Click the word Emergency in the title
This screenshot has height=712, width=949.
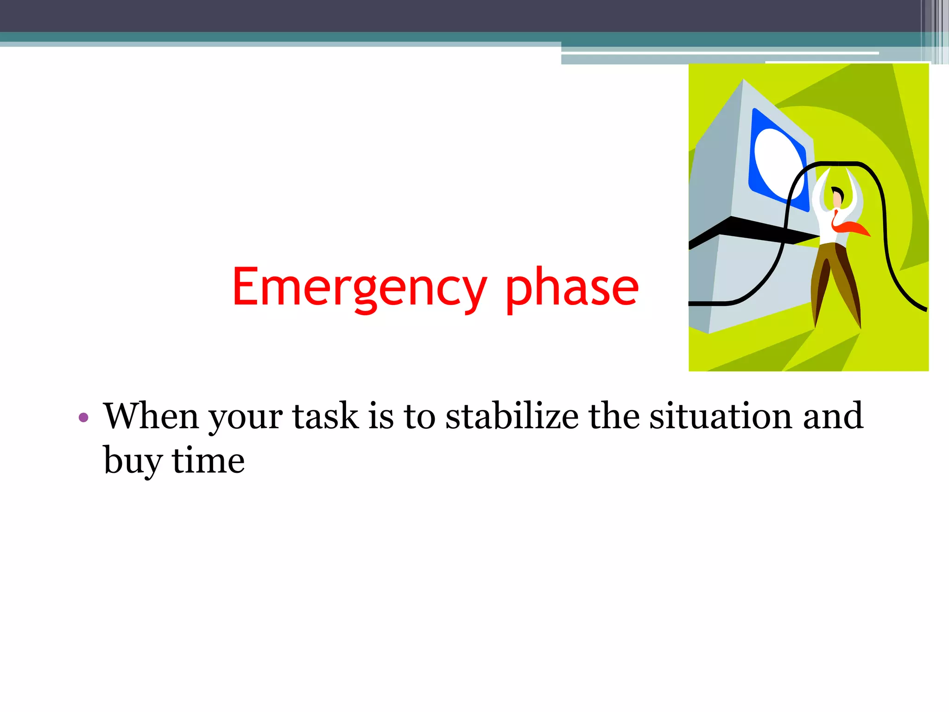359,288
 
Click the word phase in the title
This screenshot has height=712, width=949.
572,288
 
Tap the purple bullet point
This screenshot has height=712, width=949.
83,418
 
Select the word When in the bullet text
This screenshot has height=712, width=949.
151,416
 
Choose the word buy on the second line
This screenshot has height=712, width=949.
133,461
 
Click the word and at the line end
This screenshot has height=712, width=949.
833,416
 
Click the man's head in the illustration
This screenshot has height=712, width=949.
837,197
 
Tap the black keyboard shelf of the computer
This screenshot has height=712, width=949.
751,229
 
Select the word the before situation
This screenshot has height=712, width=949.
614,416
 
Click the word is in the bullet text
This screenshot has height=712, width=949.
380,416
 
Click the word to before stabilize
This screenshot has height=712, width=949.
419,417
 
